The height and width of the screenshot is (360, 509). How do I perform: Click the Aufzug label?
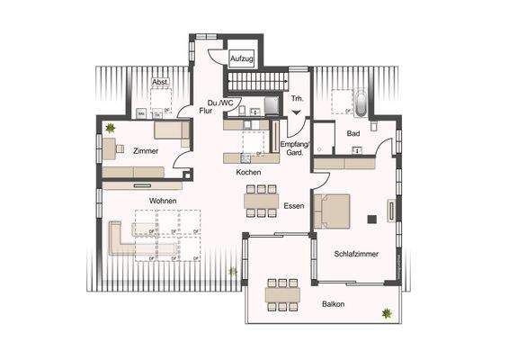pyautogui.click(x=240, y=58)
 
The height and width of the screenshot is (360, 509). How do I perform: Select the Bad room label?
pyautogui.click(x=353, y=133)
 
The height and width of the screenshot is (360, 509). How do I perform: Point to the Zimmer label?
pyautogui.click(x=146, y=151)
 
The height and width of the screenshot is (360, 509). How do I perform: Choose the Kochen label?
pyautogui.click(x=249, y=172)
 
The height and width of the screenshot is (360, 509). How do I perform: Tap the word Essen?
pyautogui.click(x=293, y=206)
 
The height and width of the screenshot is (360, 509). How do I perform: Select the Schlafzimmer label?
pyautogui.click(x=355, y=255)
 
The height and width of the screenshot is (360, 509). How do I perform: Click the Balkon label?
pyautogui.click(x=334, y=304)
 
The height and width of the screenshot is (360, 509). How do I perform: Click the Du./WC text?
pyautogui.click(x=219, y=103)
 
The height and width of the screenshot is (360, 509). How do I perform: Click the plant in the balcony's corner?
pyautogui.click(x=387, y=312)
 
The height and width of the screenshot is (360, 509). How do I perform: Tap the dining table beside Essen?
pyautogui.click(x=262, y=201)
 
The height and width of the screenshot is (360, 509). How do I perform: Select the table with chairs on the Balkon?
pyautogui.click(x=281, y=292)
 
